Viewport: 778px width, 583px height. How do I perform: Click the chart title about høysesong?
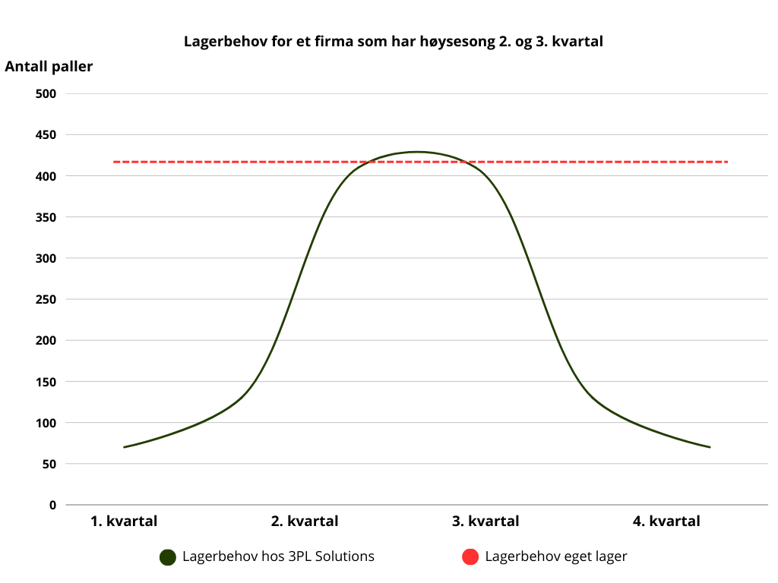point(393,41)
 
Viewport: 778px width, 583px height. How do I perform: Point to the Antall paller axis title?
point(49,67)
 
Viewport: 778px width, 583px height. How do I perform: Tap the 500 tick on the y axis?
point(46,93)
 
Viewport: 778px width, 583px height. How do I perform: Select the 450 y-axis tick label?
point(46,134)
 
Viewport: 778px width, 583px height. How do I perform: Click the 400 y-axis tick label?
point(46,176)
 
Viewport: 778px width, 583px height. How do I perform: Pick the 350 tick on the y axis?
point(46,217)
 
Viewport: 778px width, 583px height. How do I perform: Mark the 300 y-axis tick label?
point(46,258)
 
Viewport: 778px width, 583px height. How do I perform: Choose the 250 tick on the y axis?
point(46,299)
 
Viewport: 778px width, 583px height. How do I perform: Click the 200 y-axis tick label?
point(46,340)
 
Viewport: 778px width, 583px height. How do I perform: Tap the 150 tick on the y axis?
point(46,381)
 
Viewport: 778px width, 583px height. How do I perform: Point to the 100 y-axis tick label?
point(46,423)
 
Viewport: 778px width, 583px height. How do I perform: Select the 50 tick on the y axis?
point(49,464)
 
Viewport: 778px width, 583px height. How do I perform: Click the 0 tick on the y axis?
point(52,505)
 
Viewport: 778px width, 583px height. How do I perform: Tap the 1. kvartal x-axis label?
point(124,522)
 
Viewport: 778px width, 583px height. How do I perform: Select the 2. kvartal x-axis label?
point(305,522)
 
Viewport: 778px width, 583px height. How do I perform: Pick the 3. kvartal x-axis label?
point(485,522)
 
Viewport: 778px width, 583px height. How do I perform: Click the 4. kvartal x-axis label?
point(666,522)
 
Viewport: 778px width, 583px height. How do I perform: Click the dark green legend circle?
point(168,557)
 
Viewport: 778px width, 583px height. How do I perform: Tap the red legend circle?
point(470,557)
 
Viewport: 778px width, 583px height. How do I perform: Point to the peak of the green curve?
point(417,152)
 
